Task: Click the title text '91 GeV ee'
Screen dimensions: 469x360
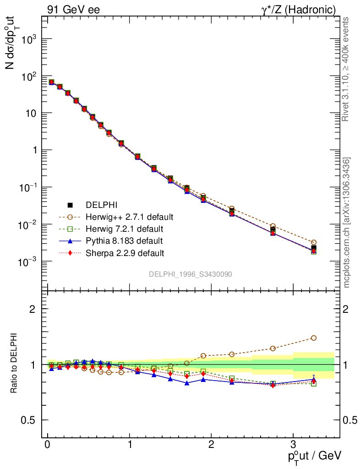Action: coord(73,9)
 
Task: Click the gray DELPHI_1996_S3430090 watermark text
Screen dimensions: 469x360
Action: coord(190,274)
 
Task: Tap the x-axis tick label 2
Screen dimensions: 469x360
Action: coord(211,445)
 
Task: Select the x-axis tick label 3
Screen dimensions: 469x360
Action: coord(293,445)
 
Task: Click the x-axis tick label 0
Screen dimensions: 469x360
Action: coord(48,445)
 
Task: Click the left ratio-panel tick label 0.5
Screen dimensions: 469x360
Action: coord(29,420)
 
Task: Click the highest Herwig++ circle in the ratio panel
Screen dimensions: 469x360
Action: coord(313,338)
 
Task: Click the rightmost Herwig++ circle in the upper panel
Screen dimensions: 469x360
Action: coord(313,242)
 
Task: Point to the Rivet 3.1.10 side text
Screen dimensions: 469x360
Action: coord(345,69)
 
